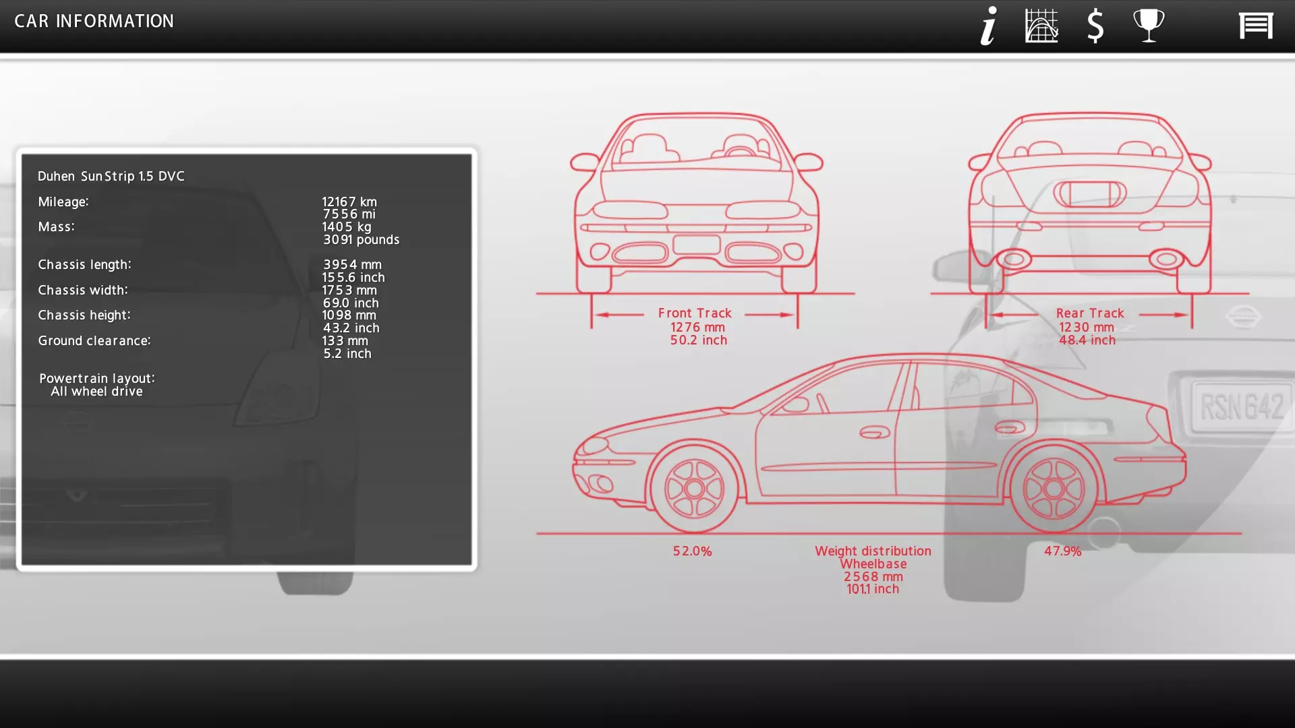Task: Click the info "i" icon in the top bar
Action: click(x=989, y=26)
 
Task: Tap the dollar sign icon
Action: click(x=1095, y=26)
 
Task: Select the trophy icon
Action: click(x=1149, y=26)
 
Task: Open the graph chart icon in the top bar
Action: click(x=1041, y=26)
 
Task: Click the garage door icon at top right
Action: click(x=1256, y=26)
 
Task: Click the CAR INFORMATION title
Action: click(x=94, y=21)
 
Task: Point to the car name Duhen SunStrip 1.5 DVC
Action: click(x=111, y=176)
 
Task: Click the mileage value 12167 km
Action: click(x=349, y=202)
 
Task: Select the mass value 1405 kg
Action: click(x=347, y=226)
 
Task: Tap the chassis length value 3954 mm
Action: click(x=352, y=264)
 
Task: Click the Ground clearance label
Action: click(x=94, y=340)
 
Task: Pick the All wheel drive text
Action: click(x=97, y=391)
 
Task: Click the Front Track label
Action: click(x=695, y=313)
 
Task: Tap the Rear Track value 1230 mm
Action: click(x=1087, y=327)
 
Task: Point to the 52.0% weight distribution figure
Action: click(x=692, y=551)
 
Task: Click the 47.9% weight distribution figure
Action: click(x=1063, y=551)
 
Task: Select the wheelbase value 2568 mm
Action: click(x=873, y=576)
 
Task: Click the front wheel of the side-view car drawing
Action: click(x=694, y=489)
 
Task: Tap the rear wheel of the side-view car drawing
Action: click(x=1054, y=489)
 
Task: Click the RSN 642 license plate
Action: click(x=1242, y=406)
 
